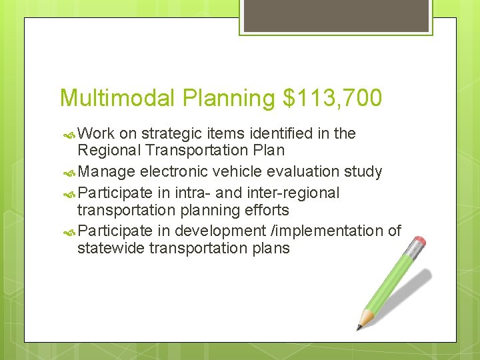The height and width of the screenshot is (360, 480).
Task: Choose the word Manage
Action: pyautogui.click(x=107, y=171)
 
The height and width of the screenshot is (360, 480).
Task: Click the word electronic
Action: pyautogui.click(x=172, y=171)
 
